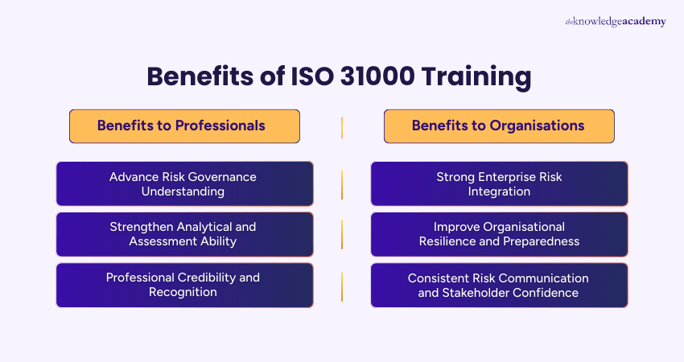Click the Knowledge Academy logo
(x=615, y=22)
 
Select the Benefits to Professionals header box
(x=184, y=126)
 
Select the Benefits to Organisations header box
(x=499, y=126)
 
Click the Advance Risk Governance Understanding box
(x=184, y=183)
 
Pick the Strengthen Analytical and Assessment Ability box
(x=184, y=234)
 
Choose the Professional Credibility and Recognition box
(x=184, y=285)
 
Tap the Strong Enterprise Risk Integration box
(x=499, y=183)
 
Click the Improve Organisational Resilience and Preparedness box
(x=499, y=234)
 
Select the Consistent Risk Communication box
(x=499, y=285)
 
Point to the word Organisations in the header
(x=538, y=125)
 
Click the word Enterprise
(x=501, y=176)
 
